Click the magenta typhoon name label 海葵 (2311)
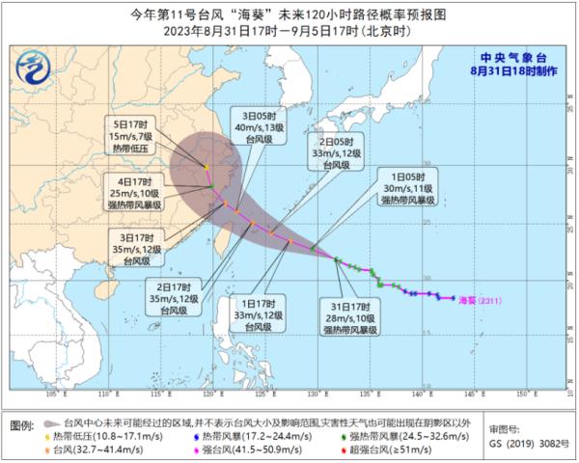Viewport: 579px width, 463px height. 480,299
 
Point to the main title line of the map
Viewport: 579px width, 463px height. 289,14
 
